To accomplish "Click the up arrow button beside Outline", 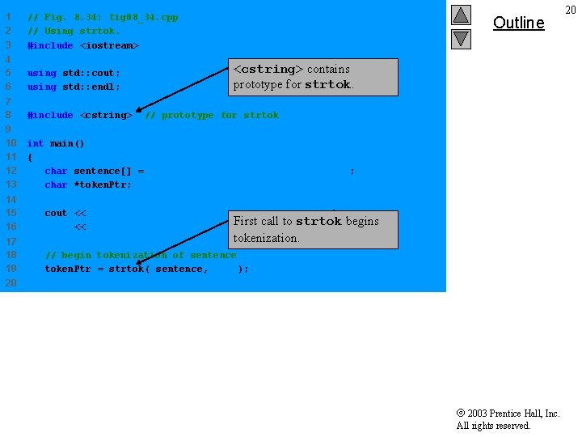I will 461,15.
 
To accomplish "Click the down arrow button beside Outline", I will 461,38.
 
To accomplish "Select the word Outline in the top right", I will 518,23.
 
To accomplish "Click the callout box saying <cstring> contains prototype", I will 314,77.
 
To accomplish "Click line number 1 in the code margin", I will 8,17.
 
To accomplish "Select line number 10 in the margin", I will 11,143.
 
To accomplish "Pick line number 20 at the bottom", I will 11,282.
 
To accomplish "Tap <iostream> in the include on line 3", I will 109,45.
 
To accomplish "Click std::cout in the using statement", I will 91,73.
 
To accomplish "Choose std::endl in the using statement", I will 91,87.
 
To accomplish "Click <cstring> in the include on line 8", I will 106,115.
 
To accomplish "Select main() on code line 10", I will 67,143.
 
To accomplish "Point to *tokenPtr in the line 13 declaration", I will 103,185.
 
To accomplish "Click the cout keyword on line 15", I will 56,213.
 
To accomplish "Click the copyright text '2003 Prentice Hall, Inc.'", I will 512,414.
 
